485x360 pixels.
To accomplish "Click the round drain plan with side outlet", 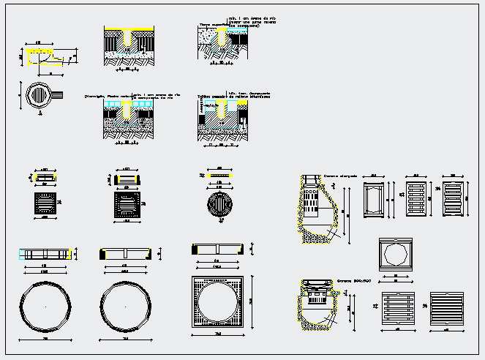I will pyautogui.click(x=40, y=95).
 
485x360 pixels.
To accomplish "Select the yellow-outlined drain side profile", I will pyautogui.click(x=42, y=54).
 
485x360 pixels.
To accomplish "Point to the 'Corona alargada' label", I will pyautogui.click(x=340, y=176).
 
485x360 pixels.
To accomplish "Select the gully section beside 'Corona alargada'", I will pyautogui.click(x=316, y=209).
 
